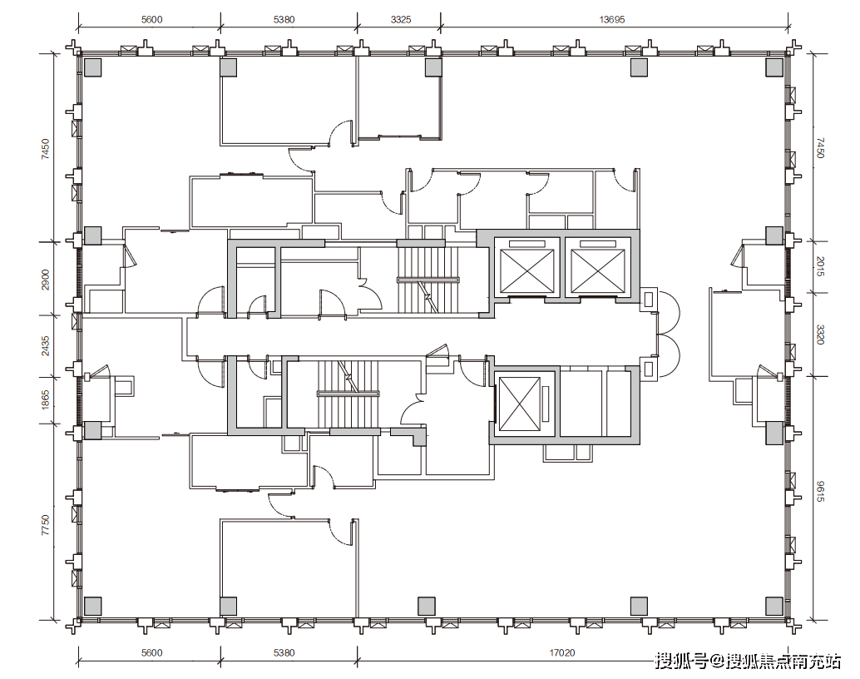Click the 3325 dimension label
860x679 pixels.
[400, 20]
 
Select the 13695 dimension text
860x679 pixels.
[611, 20]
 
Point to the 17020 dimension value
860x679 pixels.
[562, 652]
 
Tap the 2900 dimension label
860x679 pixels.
[45, 280]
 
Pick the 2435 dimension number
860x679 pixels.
[45, 346]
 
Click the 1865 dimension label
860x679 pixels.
[45, 399]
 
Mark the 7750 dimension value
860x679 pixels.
[45, 525]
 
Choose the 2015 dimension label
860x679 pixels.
[821, 266]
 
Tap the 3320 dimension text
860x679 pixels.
[821, 335]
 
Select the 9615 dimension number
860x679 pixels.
[821, 491]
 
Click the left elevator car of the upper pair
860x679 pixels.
[527, 267]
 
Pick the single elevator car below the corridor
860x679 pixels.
[520, 404]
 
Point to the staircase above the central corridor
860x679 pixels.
[428, 280]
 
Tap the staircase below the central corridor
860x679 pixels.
[348, 394]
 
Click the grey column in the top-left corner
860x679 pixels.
[92, 67]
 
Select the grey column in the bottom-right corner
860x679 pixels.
[774, 606]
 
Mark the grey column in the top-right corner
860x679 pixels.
[774, 67]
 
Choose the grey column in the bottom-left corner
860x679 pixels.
[92, 606]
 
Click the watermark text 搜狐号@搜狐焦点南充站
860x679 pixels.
[748, 661]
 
